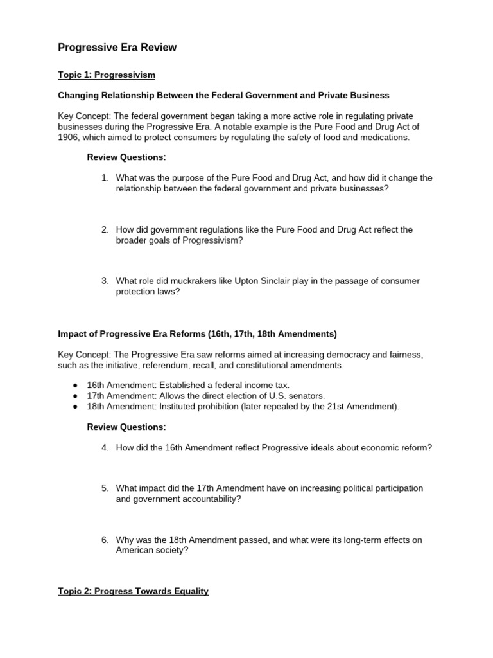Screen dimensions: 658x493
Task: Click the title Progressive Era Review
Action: coord(117,48)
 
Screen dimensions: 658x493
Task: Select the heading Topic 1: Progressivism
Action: coord(107,75)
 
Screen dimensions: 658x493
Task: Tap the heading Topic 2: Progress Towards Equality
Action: coord(133,591)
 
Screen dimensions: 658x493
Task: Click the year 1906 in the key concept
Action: coord(69,138)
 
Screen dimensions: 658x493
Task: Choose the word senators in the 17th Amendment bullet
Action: coord(307,396)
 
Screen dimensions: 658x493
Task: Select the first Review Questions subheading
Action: coord(126,157)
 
